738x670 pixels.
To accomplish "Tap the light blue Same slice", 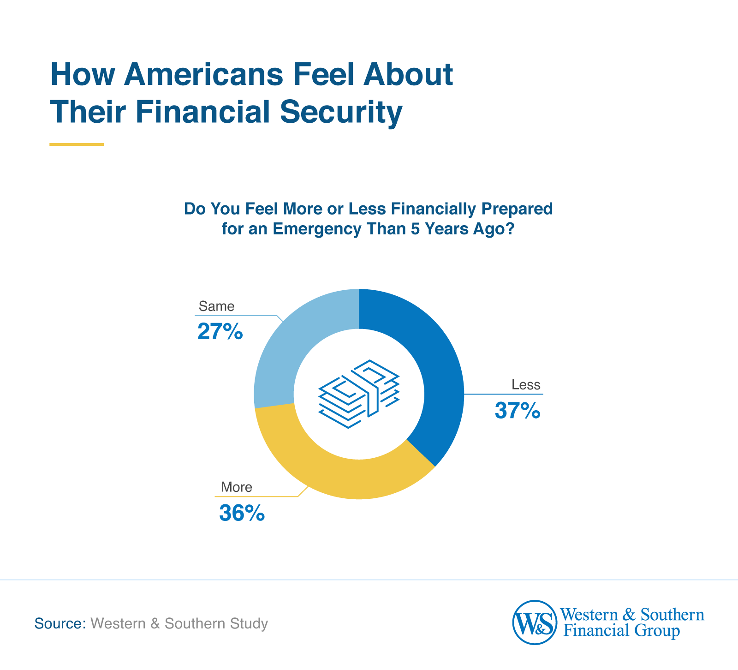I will [x=286, y=351].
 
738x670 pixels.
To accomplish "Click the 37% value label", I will [x=517, y=411].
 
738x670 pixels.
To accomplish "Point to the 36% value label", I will [x=242, y=513].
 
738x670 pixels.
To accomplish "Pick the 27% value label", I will [x=220, y=332].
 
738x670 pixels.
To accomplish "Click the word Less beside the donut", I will [x=526, y=385].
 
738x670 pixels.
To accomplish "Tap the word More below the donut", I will [x=237, y=487].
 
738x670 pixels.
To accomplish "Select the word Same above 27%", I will [x=216, y=306].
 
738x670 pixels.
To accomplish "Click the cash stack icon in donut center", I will [x=359, y=394].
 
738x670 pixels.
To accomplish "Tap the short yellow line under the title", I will [x=77, y=144].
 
